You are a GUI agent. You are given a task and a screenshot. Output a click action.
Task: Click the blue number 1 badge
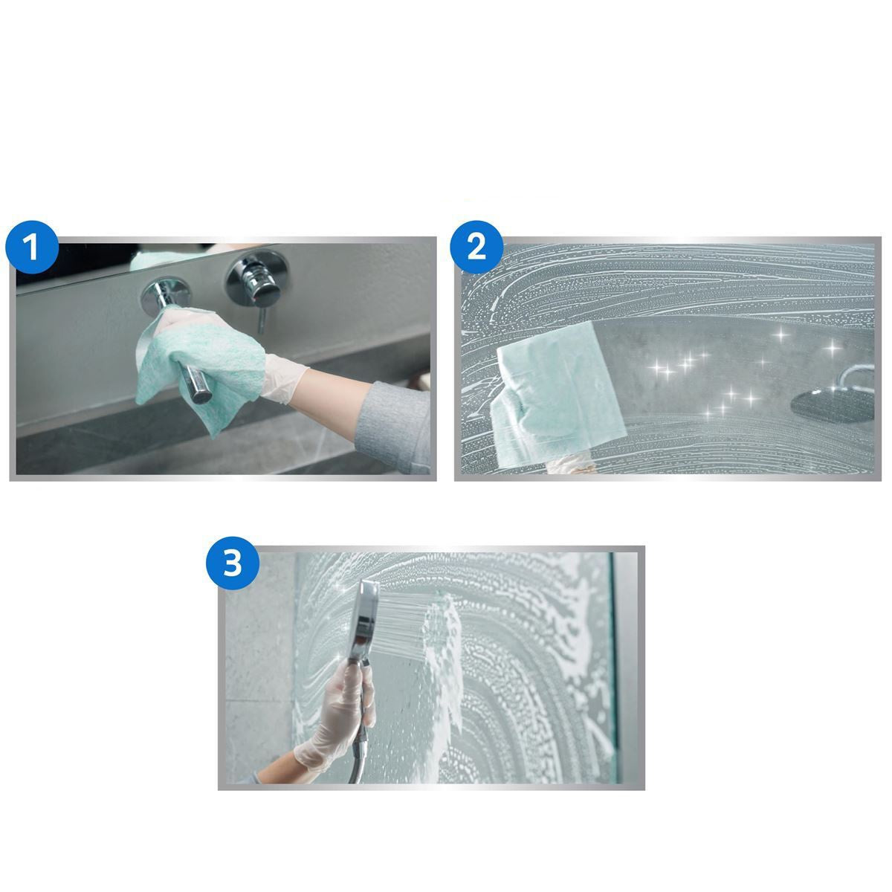click(31, 248)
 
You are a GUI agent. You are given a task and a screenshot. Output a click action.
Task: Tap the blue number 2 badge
click(476, 248)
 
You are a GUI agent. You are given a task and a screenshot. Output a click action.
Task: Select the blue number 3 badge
click(233, 563)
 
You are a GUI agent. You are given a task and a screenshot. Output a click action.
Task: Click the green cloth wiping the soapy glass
click(550, 394)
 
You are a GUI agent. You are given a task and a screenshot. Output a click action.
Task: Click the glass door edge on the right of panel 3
click(613, 669)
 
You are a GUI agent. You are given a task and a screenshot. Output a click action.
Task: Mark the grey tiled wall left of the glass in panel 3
click(256, 669)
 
